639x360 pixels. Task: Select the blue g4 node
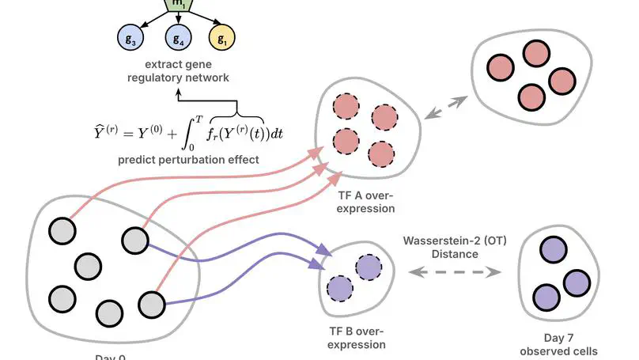coord(177,37)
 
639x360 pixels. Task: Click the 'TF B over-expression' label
coord(357,338)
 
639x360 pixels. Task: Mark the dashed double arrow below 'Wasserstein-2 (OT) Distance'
coord(456,272)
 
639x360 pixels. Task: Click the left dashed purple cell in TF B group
coord(338,286)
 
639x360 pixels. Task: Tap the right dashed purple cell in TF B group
coord(368,268)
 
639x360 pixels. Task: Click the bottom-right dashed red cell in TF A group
coord(381,152)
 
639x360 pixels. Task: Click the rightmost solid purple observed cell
coord(577,282)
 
